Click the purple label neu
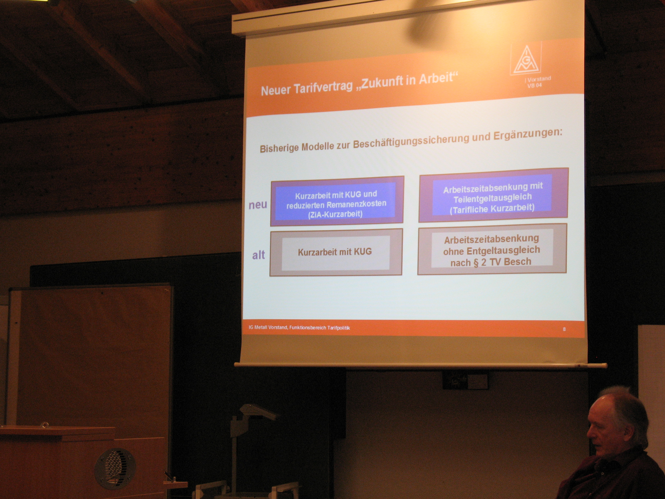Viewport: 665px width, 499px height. pos(258,205)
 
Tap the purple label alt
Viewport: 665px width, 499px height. pos(259,255)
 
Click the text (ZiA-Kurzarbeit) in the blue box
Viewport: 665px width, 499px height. pos(335,214)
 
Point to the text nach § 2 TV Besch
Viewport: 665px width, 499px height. pos(491,262)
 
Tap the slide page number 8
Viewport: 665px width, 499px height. pos(564,329)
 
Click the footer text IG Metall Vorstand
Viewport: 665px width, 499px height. pos(268,327)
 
